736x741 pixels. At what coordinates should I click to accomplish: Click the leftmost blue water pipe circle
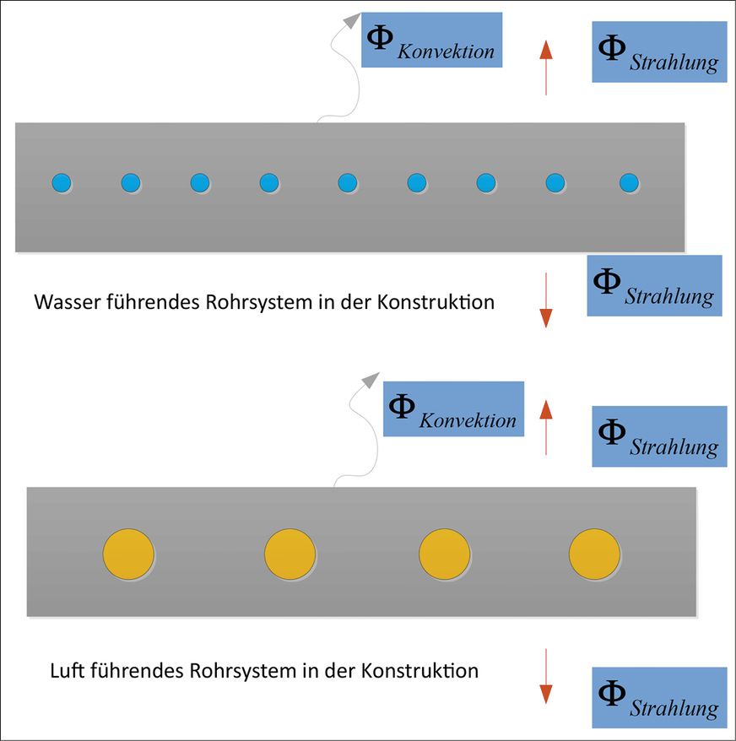(x=61, y=181)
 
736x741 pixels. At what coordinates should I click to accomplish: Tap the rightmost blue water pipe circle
(x=629, y=181)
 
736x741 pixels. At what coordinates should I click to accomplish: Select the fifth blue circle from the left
(x=347, y=181)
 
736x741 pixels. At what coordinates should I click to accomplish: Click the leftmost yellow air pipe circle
(x=128, y=555)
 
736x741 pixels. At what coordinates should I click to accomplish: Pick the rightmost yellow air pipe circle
(x=594, y=555)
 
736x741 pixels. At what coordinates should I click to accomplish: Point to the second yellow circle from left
(x=290, y=555)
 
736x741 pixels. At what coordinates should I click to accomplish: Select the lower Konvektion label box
(x=453, y=408)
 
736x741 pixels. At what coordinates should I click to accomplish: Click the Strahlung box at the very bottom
(x=659, y=697)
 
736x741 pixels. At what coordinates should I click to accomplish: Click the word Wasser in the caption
(x=64, y=301)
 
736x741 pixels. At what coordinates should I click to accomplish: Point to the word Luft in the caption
(x=65, y=672)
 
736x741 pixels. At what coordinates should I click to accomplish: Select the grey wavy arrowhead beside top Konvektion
(x=350, y=20)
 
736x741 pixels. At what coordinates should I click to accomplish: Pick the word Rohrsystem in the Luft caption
(x=226, y=672)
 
